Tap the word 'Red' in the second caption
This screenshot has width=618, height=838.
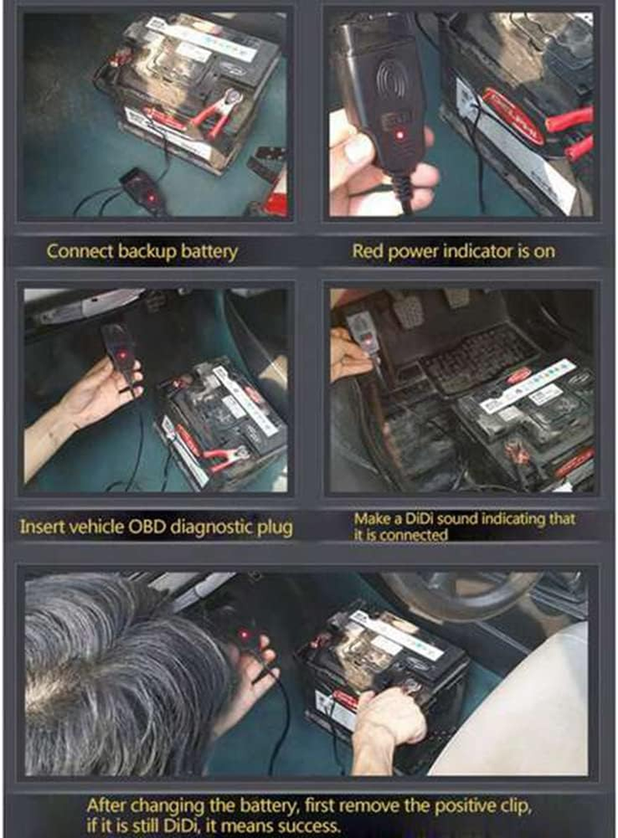coord(367,251)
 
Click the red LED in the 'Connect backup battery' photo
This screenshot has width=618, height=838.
coord(151,198)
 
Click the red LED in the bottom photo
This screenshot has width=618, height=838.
coord(244,635)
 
